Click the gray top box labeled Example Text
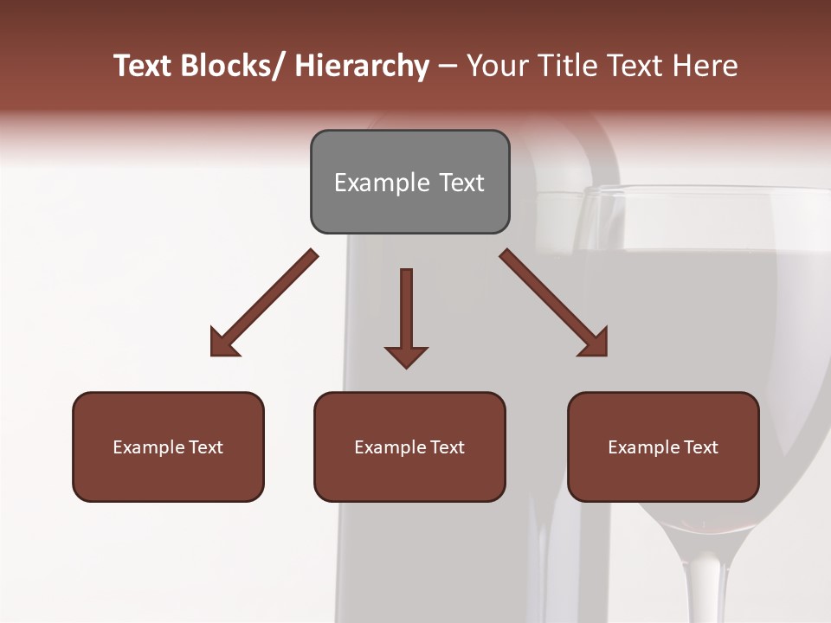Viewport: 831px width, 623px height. point(409,182)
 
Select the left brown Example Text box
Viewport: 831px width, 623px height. point(168,446)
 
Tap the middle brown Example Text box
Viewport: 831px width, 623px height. point(409,446)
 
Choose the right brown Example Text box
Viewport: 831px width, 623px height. point(663,446)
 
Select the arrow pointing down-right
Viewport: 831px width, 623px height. point(553,303)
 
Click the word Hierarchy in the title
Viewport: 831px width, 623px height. point(362,66)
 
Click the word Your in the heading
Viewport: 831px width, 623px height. point(497,66)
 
